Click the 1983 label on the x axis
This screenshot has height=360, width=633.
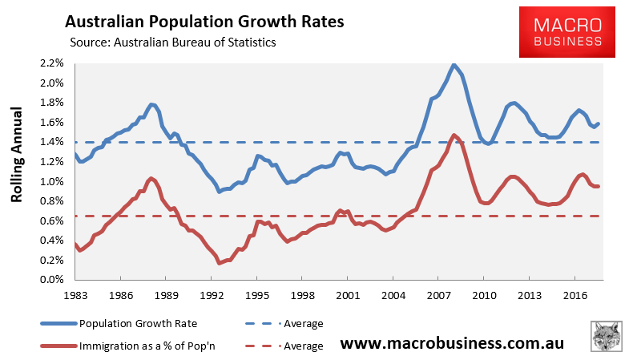pos(75,294)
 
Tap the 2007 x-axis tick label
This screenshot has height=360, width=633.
pos(437,294)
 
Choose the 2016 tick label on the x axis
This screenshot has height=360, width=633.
pos(573,294)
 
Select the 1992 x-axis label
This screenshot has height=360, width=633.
pos(211,294)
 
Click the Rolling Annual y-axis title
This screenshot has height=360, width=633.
pos(18,172)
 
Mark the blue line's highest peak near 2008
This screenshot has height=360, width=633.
pos(454,64)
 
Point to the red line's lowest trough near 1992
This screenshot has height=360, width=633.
pos(219,262)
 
